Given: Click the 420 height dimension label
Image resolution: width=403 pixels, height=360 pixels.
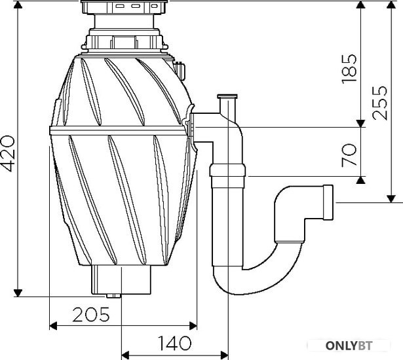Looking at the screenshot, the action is [8, 154].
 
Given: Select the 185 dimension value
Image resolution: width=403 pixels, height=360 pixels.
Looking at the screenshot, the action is [349, 69].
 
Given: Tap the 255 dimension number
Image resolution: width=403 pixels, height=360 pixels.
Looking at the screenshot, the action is [379, 103].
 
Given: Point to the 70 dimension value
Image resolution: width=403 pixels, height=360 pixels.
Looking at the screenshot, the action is [349, 155].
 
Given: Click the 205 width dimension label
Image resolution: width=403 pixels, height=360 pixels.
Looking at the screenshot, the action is [91, 314].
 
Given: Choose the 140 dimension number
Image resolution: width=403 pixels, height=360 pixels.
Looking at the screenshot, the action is [175, 343].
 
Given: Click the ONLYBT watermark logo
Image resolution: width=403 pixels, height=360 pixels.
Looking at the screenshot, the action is [349, 346].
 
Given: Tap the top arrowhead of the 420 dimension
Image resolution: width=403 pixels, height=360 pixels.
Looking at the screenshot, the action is [18, 5].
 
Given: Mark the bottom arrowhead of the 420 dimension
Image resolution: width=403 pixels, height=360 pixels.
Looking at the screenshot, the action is [18, 293].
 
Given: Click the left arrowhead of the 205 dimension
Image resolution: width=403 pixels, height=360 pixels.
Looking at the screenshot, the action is [53, 326].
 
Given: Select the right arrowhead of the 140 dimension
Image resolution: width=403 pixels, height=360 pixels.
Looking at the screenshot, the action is [224, 355].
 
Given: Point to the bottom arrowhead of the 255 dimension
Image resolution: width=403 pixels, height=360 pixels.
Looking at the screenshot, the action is [391, 199].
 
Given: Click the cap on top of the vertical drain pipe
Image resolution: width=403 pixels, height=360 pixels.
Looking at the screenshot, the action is [227, 97].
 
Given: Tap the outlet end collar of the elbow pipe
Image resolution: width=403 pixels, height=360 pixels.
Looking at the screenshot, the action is [328, 202].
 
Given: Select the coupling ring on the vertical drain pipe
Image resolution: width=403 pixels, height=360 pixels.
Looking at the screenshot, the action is [227, 170].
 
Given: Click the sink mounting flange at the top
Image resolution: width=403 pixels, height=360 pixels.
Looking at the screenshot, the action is [124, 7].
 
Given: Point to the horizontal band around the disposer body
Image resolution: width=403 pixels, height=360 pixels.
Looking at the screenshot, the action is [118, 130].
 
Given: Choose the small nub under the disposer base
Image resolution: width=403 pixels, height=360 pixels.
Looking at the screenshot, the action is [113, 296].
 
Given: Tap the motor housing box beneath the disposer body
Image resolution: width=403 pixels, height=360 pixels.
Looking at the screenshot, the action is [121, 279].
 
